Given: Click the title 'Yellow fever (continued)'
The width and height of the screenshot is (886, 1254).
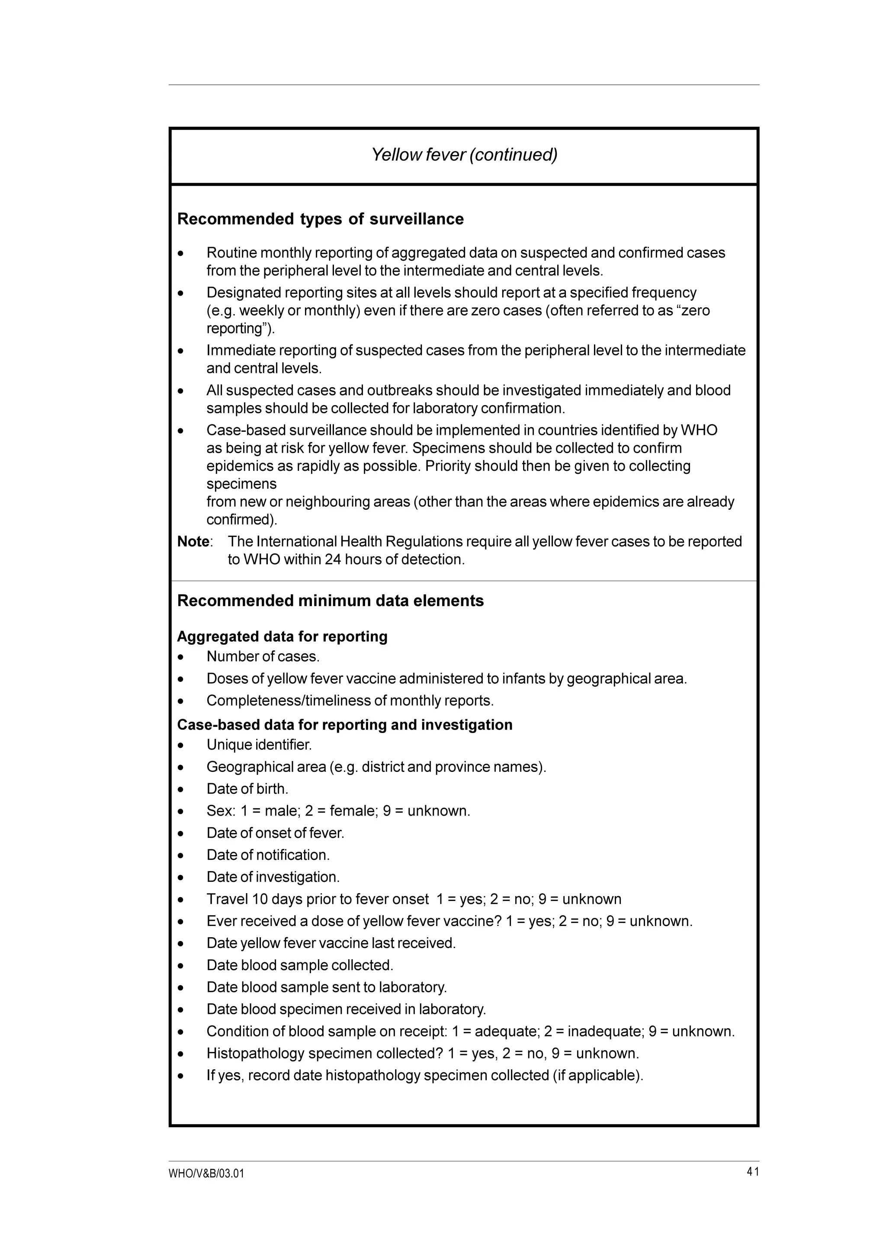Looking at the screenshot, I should point(464,155).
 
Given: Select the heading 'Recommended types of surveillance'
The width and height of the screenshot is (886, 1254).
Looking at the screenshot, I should point(321,219).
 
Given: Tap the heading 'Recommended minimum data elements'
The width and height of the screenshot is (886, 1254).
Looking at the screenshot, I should point(330,601).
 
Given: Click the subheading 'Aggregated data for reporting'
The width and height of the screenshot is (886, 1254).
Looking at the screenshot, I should point(282,637).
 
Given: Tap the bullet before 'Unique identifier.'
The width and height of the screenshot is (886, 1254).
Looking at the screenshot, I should point(181,746).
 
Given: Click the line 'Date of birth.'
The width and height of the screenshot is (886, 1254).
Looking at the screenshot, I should point(247,789).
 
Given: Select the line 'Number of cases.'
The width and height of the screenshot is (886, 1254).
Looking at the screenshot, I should point(263,656).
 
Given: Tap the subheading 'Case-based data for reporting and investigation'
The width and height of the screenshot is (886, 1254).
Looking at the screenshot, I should point(344,725).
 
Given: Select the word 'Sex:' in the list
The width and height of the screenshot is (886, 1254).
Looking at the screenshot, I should point(221,811).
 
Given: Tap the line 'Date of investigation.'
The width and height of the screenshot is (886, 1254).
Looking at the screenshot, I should point(273,877).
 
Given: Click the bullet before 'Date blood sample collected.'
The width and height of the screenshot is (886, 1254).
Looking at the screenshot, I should point(181,966).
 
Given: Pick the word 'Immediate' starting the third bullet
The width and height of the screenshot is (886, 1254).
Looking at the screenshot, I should point(240,350).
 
